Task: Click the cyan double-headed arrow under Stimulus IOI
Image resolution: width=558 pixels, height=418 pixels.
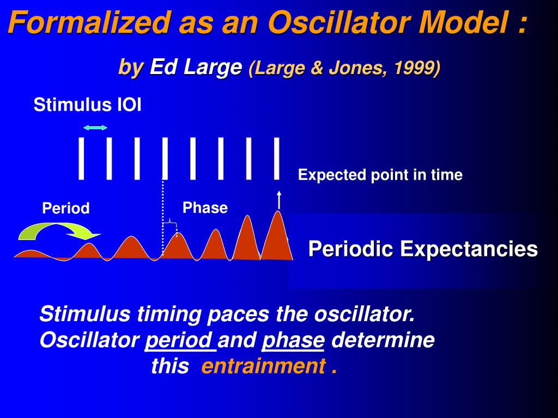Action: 95,127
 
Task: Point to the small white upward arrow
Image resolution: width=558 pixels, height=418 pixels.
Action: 279,200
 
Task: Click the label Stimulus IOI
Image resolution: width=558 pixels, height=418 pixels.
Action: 88,105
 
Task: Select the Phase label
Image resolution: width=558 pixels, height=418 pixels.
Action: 205,207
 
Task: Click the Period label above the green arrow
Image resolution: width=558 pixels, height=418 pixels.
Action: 66,208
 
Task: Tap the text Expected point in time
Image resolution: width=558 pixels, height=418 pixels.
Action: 380,175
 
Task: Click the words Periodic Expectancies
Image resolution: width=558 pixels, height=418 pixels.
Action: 423,248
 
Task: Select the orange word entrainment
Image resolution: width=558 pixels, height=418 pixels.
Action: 263,366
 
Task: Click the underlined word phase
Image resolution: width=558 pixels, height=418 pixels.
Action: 293,341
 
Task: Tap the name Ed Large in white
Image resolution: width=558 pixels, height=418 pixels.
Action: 196,67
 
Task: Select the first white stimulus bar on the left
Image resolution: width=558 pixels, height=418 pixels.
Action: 81,158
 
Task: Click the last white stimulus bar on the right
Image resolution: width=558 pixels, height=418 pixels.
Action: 276,158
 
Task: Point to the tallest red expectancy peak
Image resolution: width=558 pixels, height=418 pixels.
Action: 277,236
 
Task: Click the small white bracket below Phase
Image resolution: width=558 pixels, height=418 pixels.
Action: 170,223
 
